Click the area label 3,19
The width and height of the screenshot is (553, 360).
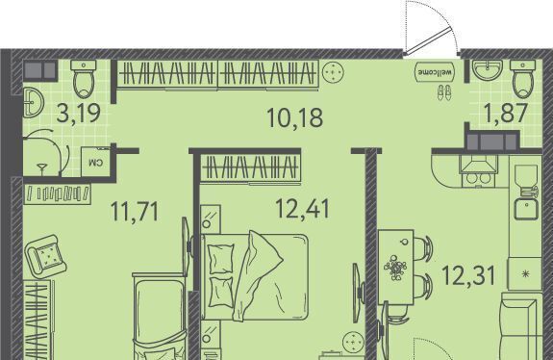[79, 114]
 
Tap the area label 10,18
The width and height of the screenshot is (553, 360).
[295, 117]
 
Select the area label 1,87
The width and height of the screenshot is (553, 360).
[507, 113]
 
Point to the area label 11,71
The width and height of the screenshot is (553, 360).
[135, 212]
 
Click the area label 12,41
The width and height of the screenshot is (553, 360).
[303, 209]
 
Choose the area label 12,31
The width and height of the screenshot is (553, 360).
[468, 275]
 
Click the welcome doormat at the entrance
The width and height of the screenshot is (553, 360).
[435, 72]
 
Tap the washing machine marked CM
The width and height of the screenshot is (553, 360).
[95, 162]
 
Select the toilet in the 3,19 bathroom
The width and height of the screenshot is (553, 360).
[84, 79]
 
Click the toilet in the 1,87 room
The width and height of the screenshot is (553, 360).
[522, 79]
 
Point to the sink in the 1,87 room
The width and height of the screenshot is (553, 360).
[487, 70]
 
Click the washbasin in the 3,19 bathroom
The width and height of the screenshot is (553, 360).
[33, 103]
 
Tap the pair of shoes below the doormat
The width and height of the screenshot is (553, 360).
[444, 92]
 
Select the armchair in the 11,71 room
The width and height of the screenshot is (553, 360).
[45, 256]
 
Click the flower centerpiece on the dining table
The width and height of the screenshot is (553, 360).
[395, 268]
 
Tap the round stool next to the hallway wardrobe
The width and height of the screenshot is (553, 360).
[332, 72]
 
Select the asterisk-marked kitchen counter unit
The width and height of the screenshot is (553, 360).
[525, 274]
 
